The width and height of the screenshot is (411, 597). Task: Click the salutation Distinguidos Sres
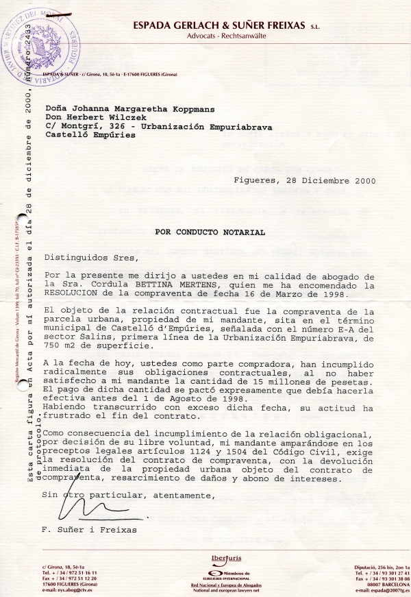[91, 258]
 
